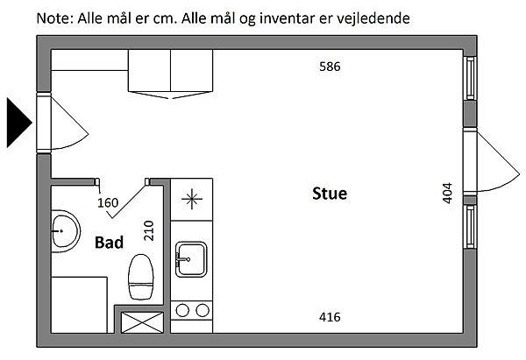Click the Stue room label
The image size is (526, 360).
tap(330, 194)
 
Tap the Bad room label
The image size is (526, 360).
tap(109, 243)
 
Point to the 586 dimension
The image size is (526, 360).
tap(330, 66)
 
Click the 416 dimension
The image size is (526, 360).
tap(330, 317)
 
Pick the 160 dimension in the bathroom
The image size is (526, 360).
tap(108, 204)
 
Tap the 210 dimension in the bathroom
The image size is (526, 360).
tap(149, 230)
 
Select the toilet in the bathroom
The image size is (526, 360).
tap(141, 276)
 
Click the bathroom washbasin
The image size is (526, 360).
tap(62, 232)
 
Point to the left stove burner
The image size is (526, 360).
tap(184, 309)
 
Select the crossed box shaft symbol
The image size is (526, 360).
tap(141, 321)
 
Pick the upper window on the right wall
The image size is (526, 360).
tap(470, 79)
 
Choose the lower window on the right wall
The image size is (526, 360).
tap(470, 227)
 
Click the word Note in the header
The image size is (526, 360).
tap(53, 18)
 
